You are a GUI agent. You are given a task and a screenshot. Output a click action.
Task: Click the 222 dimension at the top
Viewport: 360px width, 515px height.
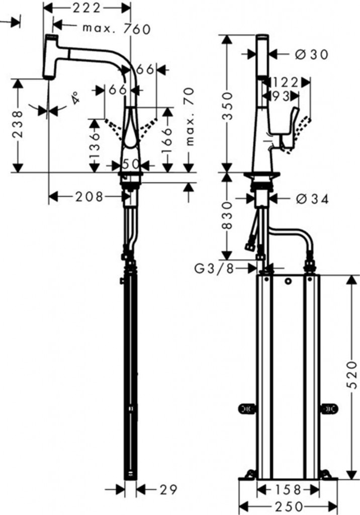click(x=86, y=8)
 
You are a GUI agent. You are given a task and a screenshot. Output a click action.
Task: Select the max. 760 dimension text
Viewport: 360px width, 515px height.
click(x=117, y=29)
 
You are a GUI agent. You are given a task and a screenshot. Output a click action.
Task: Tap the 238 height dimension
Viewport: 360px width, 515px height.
click(x=18, y=125)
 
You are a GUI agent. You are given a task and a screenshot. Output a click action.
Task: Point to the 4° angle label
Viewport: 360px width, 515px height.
click(x=75, y=98)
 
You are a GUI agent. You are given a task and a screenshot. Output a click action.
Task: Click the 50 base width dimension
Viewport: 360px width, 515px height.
click(x=131, y=164)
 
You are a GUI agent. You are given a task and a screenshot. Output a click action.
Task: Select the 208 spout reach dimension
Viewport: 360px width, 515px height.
click(x=89, y=197)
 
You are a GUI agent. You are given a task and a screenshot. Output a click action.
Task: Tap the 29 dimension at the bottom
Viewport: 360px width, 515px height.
click(x=168, y=490)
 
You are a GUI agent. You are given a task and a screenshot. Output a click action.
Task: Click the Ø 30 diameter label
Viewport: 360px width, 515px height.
click(x=311, y=54)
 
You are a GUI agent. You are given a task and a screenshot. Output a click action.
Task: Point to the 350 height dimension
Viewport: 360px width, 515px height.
click(x=227, y=106)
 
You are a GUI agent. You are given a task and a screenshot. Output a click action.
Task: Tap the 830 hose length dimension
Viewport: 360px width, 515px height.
click(x=227, y=215)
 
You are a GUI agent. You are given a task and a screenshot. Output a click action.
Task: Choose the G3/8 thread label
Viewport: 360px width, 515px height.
click(x=214, y=269)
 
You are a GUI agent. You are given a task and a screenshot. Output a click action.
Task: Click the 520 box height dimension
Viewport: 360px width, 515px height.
click(x=352, y=375)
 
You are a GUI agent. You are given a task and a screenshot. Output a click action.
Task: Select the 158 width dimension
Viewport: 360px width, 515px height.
click(x=288, y=490)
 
